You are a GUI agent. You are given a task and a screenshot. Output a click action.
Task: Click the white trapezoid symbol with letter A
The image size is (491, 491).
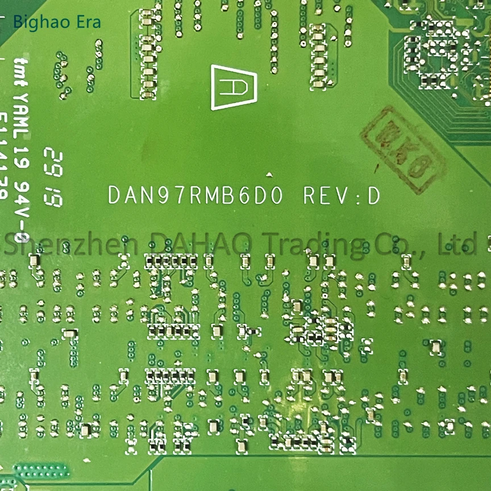point(232,86)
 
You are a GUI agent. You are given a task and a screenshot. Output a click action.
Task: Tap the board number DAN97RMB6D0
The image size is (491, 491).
point(195,195)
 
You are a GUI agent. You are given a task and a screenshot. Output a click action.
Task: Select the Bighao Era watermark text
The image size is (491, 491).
point(56,22)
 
